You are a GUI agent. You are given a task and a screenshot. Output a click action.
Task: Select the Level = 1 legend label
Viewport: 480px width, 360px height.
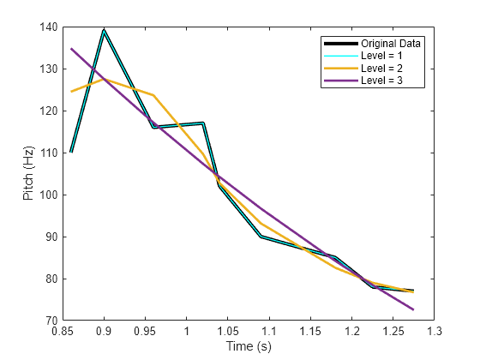pyautogui.click(x=381, y=55)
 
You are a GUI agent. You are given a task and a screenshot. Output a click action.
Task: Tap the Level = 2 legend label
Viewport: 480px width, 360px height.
pyautogui.click(x=381, y=68)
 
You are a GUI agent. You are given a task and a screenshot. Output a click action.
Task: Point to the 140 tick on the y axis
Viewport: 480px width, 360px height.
pyautogui.click(x=48, y=27)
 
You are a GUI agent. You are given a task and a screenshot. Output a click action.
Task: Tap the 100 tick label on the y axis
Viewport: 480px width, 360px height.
pyautogui.click(x=48, y=195)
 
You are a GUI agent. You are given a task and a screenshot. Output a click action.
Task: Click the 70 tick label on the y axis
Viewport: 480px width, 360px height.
pyautogui.click(x=51, y=321)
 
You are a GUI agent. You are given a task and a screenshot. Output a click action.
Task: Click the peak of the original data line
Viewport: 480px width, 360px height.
pyautogui.click(x=104, y=30)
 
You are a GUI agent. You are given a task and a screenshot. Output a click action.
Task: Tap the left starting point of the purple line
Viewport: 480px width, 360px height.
pyautogui.click(x=71, y=49)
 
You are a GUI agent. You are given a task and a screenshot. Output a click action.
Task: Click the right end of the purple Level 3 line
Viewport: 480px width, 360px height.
pyautogui.click(x=413, y=309)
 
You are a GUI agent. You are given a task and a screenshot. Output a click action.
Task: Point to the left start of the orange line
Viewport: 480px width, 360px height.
pyautogui.click(x=71, y=92)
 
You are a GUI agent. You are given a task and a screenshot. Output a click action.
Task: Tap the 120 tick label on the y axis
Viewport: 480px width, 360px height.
pyautogui.click(x=48, y=111)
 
